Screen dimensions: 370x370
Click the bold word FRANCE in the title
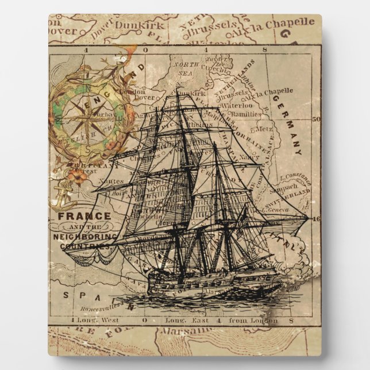pyautogui.click(x=84, y=216)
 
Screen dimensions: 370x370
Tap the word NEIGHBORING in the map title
pyautogui.click(x=84, y=236)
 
